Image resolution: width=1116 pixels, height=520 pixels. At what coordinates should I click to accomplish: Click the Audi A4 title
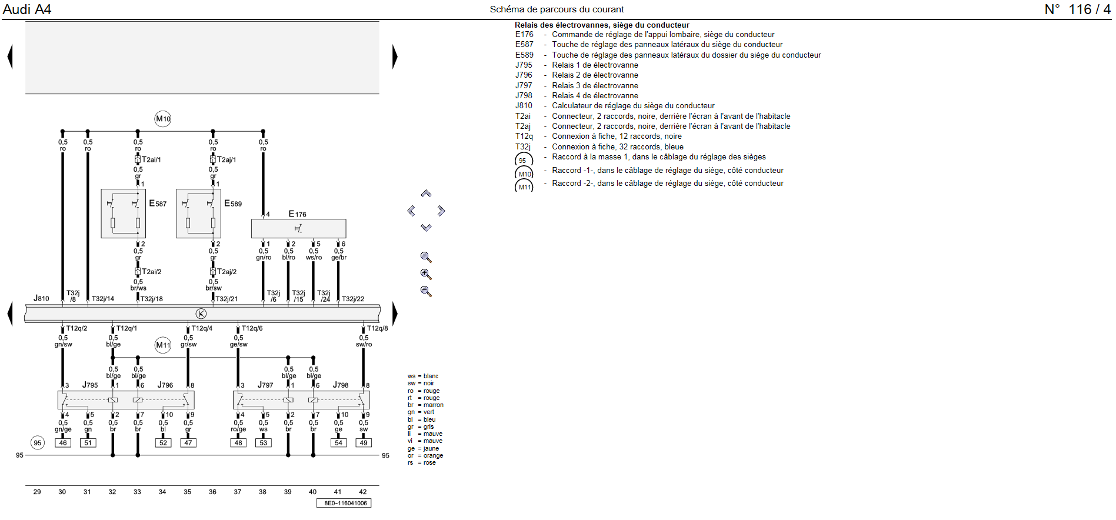[27, 9]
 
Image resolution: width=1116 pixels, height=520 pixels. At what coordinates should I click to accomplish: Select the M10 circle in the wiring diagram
[163, 119]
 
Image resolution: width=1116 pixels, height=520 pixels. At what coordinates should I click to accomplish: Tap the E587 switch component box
[123, 214]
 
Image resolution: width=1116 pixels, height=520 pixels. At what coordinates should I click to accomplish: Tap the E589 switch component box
[198, 214]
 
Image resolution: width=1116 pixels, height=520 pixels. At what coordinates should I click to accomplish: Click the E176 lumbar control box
[298, 228]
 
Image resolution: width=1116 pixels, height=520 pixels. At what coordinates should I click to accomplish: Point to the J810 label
[41, 298]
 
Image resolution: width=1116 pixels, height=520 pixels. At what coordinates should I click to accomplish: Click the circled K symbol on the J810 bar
[201, 314]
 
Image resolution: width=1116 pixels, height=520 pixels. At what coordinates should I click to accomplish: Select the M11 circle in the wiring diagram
[163, 345]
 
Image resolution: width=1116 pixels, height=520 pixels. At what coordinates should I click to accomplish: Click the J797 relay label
[265, 385]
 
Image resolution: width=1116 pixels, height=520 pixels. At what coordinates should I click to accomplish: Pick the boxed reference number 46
[63, 443]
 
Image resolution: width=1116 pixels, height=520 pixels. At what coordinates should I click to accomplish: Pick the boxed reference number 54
[338, 443]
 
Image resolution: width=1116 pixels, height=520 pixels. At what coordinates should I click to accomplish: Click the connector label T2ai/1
[151, 159]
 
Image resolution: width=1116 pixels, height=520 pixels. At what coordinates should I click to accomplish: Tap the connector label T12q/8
[377, 328]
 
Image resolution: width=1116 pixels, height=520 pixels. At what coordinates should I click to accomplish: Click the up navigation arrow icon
[426, 194]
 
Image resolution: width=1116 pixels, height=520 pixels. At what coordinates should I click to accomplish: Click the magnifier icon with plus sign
[426, 275]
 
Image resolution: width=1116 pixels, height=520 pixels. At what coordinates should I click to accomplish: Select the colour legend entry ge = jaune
[423, 448]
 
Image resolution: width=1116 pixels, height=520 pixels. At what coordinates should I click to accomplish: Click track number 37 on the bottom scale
[238, 492]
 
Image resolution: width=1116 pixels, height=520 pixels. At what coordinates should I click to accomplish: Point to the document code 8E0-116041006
[345, 503]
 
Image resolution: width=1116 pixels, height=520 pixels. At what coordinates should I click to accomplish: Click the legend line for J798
[594, 95]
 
